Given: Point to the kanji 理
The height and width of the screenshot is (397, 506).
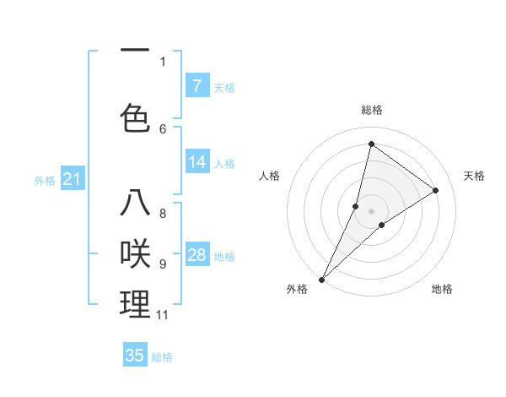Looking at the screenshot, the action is tap(136, 304).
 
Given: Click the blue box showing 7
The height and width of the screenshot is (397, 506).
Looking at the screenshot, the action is tap(197, 85).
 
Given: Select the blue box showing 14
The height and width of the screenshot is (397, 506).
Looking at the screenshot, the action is tap(197, 162).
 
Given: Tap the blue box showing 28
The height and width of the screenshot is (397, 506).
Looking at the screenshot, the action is tap(197, 255).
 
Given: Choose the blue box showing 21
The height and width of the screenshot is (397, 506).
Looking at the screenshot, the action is tap(72, 178).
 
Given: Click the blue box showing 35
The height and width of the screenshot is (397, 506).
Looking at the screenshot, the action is tap(135, 356).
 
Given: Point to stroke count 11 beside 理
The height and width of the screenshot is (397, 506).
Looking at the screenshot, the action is tap(163, 315).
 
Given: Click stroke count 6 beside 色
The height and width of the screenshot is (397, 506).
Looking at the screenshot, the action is tap(163, 128).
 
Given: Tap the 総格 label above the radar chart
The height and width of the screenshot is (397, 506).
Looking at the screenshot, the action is tap(371, 110).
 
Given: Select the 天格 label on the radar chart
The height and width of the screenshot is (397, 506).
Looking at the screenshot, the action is tap(474, 176).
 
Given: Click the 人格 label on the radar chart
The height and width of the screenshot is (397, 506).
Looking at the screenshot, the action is tap(269, 176).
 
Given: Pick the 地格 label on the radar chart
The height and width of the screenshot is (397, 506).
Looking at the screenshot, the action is tap(442, 289).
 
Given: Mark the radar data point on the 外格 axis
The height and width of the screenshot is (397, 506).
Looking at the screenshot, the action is tap(322, 279).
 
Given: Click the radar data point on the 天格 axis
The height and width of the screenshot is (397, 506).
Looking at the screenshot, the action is tap(436, 190).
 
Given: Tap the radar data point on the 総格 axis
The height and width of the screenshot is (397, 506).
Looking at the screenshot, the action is tap(371, 144).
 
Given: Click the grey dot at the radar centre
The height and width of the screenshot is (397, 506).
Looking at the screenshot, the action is tap(371, 211).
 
